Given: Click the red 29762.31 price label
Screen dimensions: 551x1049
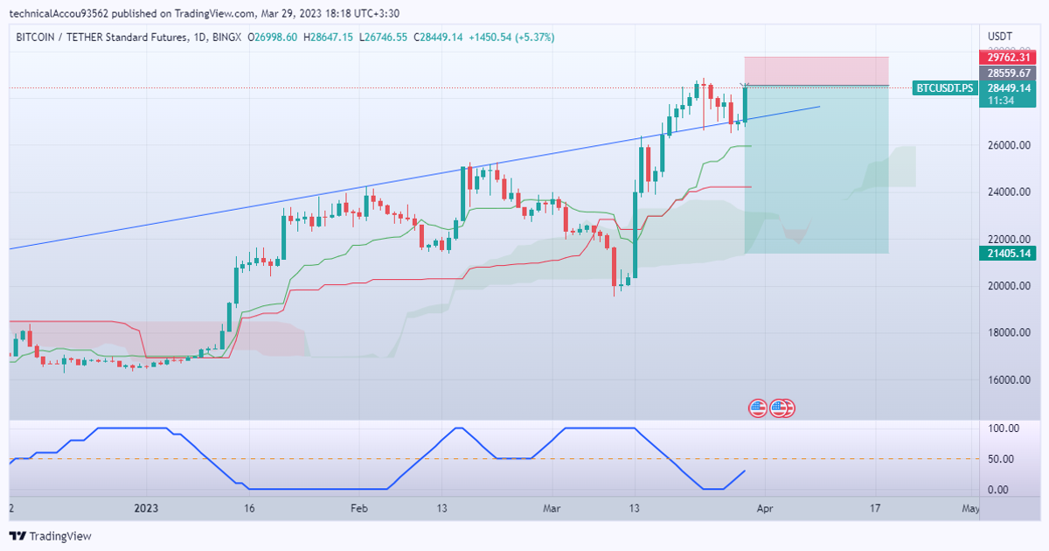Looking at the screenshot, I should pos(1007,58).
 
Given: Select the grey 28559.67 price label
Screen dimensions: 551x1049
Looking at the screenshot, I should pos(1007,73).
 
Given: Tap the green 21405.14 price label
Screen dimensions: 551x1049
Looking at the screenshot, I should pos(1007,254).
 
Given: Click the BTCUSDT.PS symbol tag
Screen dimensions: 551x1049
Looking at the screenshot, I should pos(944,88).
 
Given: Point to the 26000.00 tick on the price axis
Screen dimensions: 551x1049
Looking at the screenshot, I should pos(1008,145).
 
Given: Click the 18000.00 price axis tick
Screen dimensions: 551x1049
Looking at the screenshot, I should pos(1008,333).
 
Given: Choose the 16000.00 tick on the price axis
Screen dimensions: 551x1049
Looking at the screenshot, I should pos(1008,380).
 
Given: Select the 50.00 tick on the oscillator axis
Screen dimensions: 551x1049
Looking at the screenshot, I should pos(1002,459).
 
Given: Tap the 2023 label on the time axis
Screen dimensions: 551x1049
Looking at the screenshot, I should pos(146,508).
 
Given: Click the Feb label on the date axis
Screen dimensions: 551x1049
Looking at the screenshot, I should pos(358,508).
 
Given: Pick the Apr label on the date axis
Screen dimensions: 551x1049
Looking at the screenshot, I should pos(765,508).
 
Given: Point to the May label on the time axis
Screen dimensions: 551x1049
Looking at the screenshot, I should pos(969,508).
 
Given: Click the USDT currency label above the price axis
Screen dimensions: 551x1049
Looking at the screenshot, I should pos(999,36).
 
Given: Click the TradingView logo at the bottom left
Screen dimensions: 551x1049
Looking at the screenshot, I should pos(51,536).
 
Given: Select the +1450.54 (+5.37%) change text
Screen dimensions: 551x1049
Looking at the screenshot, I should pos(511,38).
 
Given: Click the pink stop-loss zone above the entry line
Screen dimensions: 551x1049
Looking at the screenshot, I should pos(816,71).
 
